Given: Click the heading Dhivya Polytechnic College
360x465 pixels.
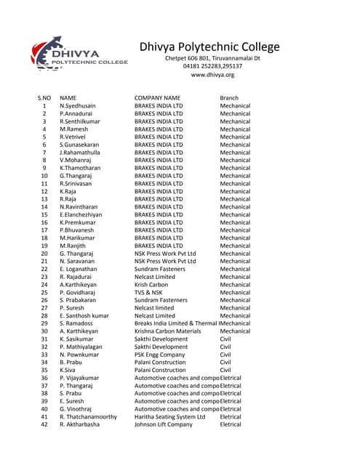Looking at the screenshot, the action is [x=209, y=47].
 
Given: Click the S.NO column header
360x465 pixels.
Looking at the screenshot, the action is [x=44, y=97].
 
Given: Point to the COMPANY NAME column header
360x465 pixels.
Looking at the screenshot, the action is [x=157, y=97].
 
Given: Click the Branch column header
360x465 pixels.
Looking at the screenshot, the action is [x=229, y=97].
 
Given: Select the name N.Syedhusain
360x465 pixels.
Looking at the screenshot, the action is [x=78, y=106].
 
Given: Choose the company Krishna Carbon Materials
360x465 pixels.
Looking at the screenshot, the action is [x=168, y=331].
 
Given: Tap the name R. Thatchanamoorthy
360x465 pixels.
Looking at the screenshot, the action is [x=88, y=417].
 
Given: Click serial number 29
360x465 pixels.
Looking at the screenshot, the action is [x=44, y=323].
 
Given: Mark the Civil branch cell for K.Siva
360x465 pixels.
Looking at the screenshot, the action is [x=227, y=371].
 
